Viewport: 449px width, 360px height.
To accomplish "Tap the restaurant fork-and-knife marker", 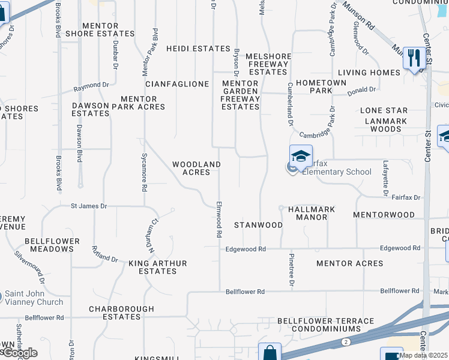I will pyautogui.click(x=412, y=58).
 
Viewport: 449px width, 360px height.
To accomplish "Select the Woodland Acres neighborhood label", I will pyautogui.click(x=196, y=168).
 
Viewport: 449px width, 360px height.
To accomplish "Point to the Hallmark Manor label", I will pyautogui.click(x=312, y=213).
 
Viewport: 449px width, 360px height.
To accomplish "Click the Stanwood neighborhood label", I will pyautogui.click(x=258, y=225).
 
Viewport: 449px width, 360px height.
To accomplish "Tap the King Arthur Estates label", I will pyautogui.click(x=157, y=267).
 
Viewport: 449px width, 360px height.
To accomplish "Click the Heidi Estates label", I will pyautogui.click(x=198, y=49).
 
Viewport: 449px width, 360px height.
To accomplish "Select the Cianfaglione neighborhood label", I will pyautogui.click(x=177, y=84).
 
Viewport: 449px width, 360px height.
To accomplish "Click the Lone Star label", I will pyautogui.click(x=384, y=111).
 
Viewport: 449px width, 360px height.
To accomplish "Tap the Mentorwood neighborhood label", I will pyautogui.click(x=384, y=214).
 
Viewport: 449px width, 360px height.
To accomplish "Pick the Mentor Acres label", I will pyautogui.click(x=349, y=263).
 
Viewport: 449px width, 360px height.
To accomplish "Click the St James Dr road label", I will pyautogui.click(x=89, y=206).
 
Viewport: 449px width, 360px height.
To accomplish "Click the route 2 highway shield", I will pyautogui.click(x=346, y=341).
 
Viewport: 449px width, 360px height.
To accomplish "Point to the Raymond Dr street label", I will pyautogui.click(x=91, y=86).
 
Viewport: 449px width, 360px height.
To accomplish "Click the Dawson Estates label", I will pyautogui.click(x=90, y=109).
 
